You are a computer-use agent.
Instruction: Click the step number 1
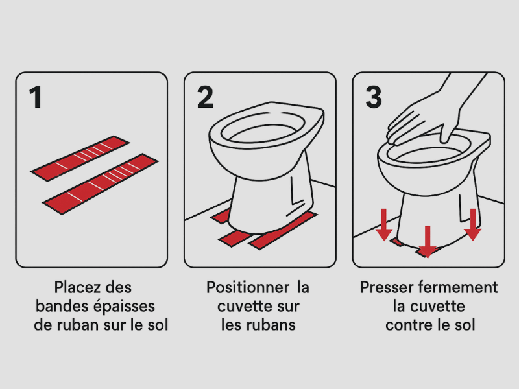36,97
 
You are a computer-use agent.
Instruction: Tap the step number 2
205,97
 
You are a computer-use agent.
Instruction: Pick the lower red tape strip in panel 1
101,184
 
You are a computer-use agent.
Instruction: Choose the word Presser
385,287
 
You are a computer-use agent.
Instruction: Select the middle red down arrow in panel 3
427,242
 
